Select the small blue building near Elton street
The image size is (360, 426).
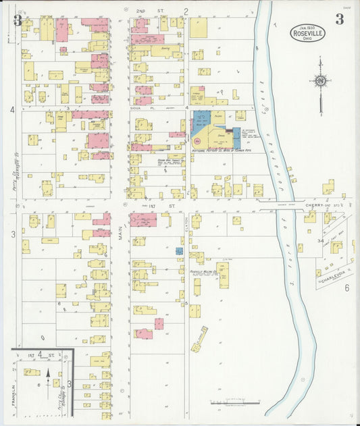pos(179,250)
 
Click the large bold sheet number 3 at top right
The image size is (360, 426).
pos(339,19)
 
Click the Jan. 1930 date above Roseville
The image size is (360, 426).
pos(308,26)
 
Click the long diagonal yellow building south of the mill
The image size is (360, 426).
pos(200,340)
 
